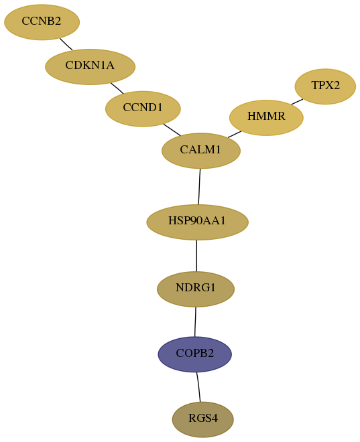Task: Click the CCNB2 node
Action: click(42, 22)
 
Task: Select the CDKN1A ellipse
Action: click(91, 67)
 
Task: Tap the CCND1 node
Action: click(143, 108)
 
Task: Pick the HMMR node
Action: click(266, 118)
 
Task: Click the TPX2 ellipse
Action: click(325, 86)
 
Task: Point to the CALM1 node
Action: click(201, 151)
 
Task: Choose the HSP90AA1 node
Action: click(197, 222)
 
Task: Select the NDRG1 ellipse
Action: click(196, 289)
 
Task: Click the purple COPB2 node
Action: click(194, 354)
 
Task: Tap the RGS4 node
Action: click(203, 419)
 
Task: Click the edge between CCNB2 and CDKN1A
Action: click(66, 44)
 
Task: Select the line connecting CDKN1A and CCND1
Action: click(117, 88)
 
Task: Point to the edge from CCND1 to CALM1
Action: click(172, 130)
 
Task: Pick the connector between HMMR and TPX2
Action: click(298, 102)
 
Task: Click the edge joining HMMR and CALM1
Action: click(235, 135)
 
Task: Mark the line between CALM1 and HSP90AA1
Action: click(199, 187)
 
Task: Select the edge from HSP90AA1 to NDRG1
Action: click(196, 256)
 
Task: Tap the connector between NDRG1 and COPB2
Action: click(195, 322)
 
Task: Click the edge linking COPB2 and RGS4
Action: click(198, 387)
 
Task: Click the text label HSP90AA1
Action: click(197, 220)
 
